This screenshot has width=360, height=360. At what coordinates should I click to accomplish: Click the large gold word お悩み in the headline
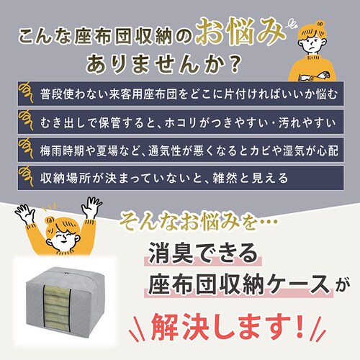click(240, 32)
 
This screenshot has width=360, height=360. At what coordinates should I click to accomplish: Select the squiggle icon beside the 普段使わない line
click(26, 93)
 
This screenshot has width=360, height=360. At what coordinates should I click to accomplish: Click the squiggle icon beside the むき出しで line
click(26, 120)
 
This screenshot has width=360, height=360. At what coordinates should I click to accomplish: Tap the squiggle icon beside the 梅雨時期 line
click(26, 148)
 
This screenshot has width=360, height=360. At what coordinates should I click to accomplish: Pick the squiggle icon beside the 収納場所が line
click(26, 176)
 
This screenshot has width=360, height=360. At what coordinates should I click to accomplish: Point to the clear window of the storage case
click(57, 305)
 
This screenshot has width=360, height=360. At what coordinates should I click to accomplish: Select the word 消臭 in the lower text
click(171, 253)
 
